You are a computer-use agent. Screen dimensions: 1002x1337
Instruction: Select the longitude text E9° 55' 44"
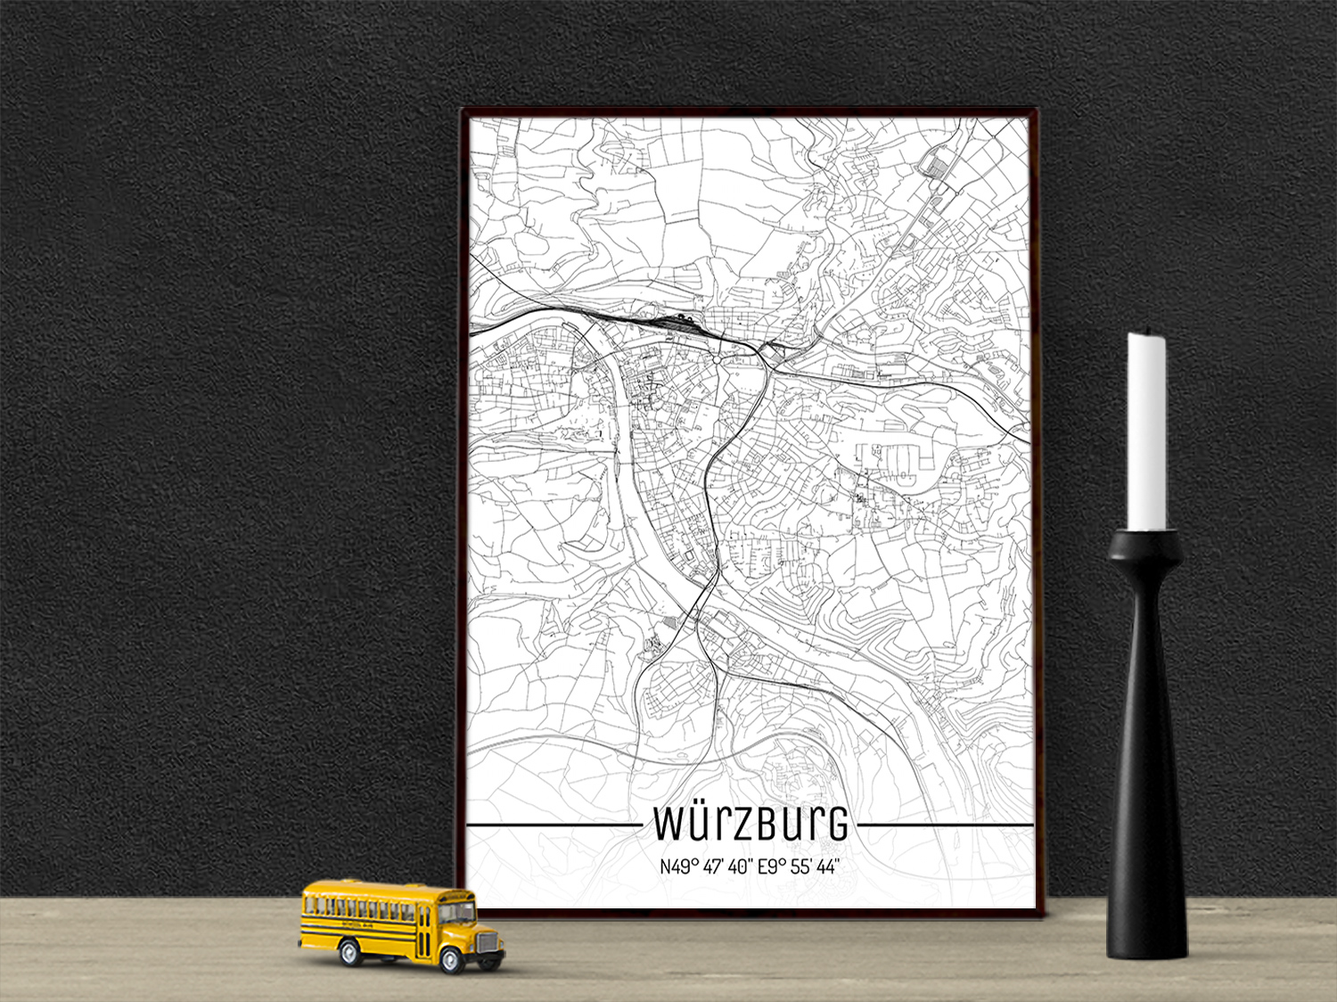[798, 866]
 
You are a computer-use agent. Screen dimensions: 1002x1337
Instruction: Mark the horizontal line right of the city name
[944, 825]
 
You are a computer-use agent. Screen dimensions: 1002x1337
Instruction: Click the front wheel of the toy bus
[452, 959]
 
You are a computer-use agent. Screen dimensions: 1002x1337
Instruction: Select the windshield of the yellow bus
[457, 912]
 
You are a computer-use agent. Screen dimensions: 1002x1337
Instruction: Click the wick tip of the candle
[1146, 333]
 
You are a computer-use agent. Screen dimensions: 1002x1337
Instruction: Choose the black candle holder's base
[1147, 936]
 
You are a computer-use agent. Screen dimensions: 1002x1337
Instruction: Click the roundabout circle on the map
[717, 359]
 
